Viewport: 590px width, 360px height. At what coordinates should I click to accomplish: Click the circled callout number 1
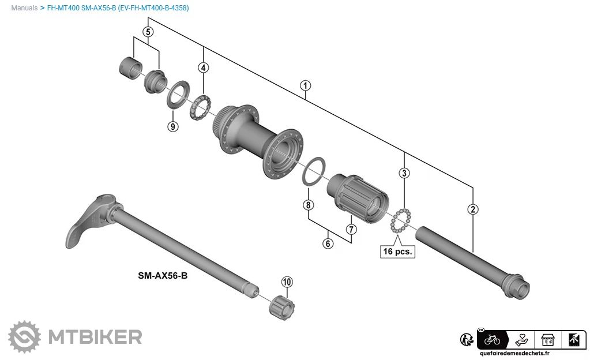pos(306,86)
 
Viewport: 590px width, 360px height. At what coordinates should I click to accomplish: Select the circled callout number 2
pos(473,209)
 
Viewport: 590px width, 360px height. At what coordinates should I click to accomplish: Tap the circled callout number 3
pos(405,172)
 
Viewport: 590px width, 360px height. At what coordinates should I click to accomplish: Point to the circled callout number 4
pos(204,68)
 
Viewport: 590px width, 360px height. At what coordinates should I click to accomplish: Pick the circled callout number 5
pos(148,32)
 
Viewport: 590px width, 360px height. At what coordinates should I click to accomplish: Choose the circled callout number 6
pos(328,243)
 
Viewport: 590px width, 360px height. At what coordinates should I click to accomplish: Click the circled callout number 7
pos(351,229)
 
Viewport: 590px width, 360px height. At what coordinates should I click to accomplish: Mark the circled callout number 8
pos(309,205)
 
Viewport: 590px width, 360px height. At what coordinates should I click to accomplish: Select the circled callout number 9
pos(173,126)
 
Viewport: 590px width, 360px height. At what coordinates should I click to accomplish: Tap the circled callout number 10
pos(287,282)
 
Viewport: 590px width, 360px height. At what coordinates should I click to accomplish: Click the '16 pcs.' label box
pos(398,251)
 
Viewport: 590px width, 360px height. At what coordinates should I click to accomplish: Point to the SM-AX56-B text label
pos(163,276)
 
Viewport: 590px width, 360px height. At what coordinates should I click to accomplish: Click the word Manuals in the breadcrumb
pos(24,8)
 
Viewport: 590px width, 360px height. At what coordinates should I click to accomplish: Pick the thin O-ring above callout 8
pos(314,171)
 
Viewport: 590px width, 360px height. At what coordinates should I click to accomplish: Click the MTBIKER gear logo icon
pos(24,336)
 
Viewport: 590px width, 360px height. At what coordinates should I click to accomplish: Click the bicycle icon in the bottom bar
pos(493,339)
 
